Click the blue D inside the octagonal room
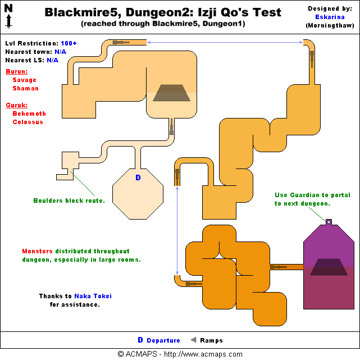point(138,177)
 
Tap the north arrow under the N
point(9,22)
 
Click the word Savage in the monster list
point(25,80)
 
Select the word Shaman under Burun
point(25,89)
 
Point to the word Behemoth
point(29,114)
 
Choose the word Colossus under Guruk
point(28,122)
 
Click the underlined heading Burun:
point(16,72)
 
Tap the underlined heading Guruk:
point(16,106)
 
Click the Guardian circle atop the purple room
point(328,222)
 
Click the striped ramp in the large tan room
point(171,92)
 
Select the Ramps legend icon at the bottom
point(194,340)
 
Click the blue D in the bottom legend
point(140,340)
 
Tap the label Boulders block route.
point(69,200)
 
